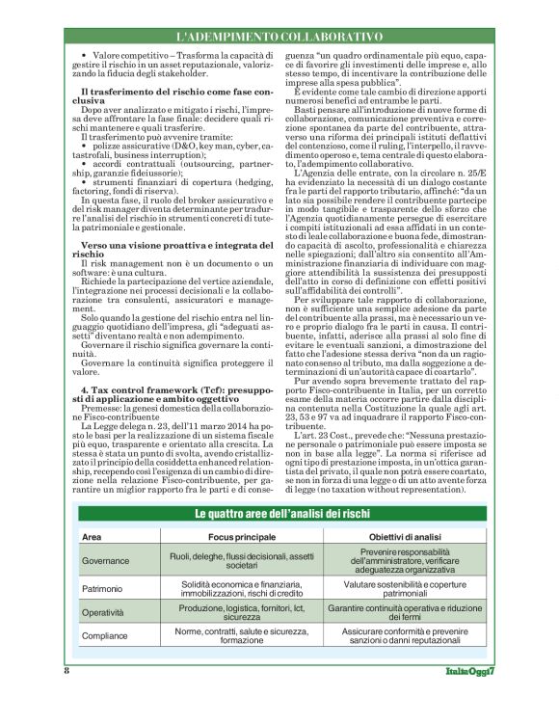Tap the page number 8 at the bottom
pyautogui.click(x=67, y=670)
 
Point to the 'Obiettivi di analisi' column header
pyautogui.click(x=406, y=536)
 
